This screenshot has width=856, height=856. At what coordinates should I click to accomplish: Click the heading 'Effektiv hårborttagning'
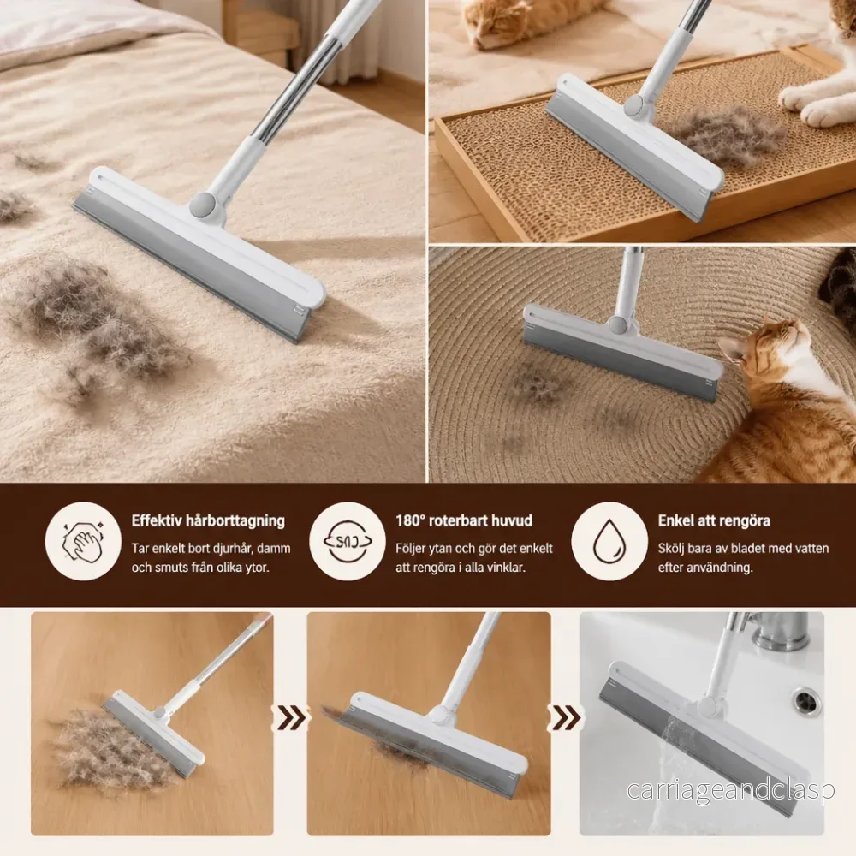coord(208,520)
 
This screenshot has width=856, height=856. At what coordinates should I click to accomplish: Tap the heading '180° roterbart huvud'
coord(464,520)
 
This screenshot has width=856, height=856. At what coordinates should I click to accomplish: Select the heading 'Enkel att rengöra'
coord(714,520)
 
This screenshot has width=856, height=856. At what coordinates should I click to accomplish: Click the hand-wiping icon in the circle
coord(83,541)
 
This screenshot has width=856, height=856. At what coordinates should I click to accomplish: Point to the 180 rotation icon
coord(348,541)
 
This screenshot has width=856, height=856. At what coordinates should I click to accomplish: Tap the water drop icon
coord(609,541)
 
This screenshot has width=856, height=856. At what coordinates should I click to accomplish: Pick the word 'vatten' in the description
coord(809,549)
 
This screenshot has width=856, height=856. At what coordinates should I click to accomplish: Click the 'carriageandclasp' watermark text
coord(730,790)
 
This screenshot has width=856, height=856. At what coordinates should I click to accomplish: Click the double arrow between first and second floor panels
coord(289,718)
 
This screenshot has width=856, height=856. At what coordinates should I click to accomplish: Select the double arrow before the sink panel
coord(564,718)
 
